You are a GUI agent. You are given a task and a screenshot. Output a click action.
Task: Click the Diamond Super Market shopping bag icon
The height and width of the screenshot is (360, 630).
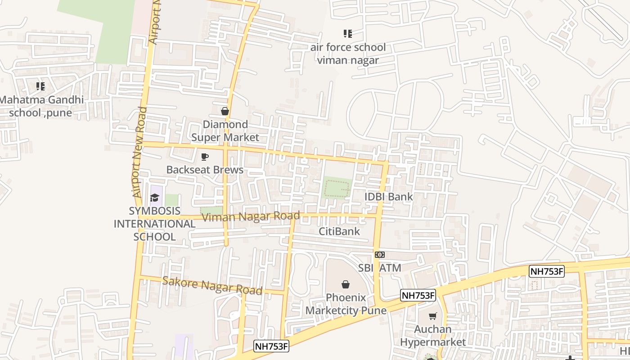pyautogui.click(x=225, y=111)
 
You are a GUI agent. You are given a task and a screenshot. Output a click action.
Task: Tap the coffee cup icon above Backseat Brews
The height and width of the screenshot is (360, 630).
pyautogui.click(x=205, y=157)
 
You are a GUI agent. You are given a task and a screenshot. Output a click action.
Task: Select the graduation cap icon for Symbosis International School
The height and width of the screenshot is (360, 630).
pyautogui.click(x=155, y=198)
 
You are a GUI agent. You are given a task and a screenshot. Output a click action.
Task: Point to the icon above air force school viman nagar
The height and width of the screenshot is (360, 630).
pyautogui.click(x=347, y=34)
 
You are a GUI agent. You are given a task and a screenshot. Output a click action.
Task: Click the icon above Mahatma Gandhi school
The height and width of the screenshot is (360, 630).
pyautogui.click(x=40, y=86)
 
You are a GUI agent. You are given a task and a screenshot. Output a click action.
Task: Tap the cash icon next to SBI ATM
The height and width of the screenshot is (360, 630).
pyautogui.click(x=380, y=255)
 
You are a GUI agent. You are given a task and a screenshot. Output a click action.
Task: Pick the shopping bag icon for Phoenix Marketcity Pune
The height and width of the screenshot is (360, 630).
pyautogui.click(x=346, y=284)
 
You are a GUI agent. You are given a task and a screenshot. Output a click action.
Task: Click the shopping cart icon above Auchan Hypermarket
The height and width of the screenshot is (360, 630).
pyautogui.click(x=433, y=316)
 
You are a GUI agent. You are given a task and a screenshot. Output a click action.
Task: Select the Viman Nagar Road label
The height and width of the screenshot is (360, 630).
pyautogui.click(x=251, y=217)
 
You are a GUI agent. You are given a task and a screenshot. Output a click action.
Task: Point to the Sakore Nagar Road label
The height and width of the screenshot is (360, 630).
pyautogui.click(x=212, y=286)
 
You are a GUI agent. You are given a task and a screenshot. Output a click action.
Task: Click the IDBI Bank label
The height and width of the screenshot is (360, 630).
pyautogui.click(x=388, y=197)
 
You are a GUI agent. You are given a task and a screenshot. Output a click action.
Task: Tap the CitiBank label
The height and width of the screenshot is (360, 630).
pyautogui.click(x=339, y=231)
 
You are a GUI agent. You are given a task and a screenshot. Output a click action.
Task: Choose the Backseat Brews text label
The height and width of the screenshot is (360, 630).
pyautogui.click(x=205, y=170)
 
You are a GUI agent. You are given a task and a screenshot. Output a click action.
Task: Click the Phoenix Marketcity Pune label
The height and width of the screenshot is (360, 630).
pyautogui.click(x=346, y=304)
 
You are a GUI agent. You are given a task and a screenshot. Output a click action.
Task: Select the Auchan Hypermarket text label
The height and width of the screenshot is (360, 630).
pyautogui.click(x=433, y=336)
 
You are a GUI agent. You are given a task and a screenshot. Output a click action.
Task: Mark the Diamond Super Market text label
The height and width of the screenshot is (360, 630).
pyautogui.click(x=225, y=131)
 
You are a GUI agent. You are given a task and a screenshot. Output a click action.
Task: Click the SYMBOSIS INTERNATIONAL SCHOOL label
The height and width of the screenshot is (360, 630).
pyautogui.click(x=154, y=224)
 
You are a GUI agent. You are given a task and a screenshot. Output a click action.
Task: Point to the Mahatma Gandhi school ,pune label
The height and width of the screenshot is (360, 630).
pyautogui.click(x=41, y=106)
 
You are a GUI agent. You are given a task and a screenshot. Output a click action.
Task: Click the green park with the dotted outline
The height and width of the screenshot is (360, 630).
pyautogui.click(x=337, y=188)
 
